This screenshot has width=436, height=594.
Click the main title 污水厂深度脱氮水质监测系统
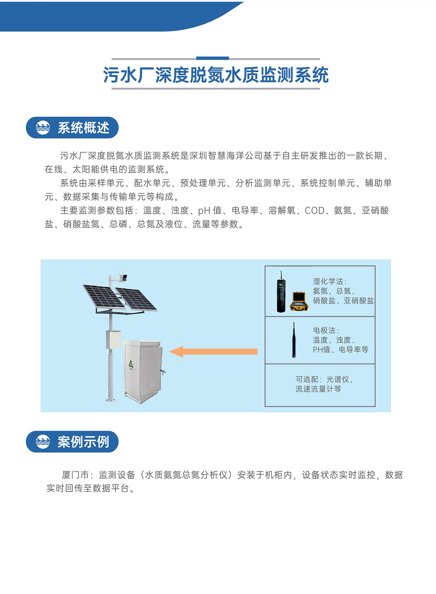[x=216, y=75]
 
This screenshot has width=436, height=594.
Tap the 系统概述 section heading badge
[x=72, y=128]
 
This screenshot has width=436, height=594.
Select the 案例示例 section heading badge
[x=72, y=442]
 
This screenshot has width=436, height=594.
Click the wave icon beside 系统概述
[x=43, y=128]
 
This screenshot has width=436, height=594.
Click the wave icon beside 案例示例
[x=43, y=442]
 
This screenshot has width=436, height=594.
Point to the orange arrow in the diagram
[x=213, y=351]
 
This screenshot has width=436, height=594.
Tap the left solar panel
[x=103, y=296]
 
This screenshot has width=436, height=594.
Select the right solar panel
[x=136, y=299]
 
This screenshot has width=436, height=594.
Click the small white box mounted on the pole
[x=113, y=339]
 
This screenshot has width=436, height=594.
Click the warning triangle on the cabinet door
[x=131, y=364]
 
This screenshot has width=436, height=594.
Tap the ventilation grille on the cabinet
[x=151, y=385]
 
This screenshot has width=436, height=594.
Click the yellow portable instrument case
[x=299, y=301]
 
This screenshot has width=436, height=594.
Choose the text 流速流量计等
[x=318, y=389]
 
